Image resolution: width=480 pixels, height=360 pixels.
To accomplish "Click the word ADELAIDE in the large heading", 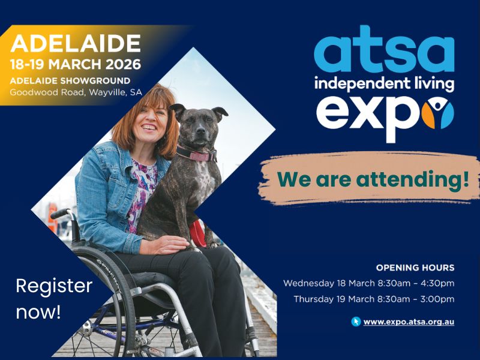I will point(76,43).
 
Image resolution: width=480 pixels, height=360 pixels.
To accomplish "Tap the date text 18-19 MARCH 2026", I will point(76,64).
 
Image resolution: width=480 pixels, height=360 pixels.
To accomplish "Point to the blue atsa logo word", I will point(384,52).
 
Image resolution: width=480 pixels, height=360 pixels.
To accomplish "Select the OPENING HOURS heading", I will point(415,268).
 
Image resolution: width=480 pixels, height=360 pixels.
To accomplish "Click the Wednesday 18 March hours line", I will point(368,283).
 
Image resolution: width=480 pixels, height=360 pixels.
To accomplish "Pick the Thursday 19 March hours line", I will point(373,299).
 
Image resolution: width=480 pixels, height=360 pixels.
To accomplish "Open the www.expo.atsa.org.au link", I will point(409,322).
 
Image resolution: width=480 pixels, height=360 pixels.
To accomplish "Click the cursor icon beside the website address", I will point(356,322).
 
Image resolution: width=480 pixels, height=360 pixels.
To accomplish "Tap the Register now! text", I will point(54,299).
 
